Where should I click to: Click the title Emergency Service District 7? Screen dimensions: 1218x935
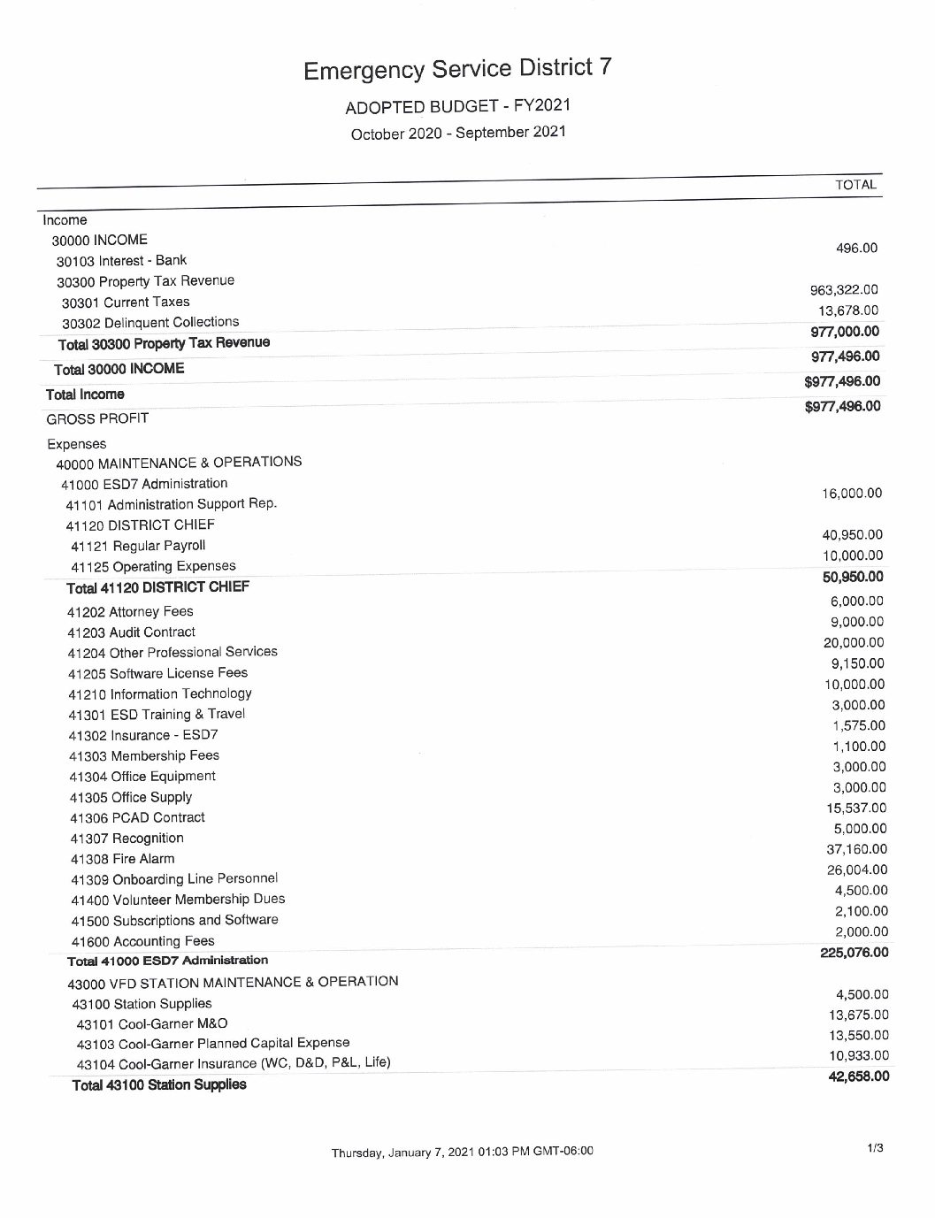(456, 68)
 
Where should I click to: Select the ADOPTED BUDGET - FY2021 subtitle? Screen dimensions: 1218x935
(457, 106)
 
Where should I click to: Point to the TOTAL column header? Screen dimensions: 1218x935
(855, 185)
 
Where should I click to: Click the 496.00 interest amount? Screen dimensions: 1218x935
(856, 248)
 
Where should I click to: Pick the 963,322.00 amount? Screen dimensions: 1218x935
(844, 289)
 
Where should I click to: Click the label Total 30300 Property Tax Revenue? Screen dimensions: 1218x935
(164, 343)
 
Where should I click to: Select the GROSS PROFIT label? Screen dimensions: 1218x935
(97, 418)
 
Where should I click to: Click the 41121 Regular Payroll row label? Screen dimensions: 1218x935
(138, 546)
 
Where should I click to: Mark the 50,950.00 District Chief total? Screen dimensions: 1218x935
(852, 578)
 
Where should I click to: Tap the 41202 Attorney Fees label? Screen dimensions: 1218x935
(130, 611)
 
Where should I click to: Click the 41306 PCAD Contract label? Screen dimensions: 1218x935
(137, 818)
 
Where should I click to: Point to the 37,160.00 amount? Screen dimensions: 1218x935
(855, 849)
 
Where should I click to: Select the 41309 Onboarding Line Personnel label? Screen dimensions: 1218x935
(174, 879)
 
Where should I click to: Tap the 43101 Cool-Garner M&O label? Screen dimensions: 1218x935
(152, 1023)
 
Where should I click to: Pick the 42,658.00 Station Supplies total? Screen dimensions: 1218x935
(857, 1076)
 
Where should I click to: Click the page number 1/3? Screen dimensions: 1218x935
(875, 1148)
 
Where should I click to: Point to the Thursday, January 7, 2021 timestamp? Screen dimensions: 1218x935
(462, 1152)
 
